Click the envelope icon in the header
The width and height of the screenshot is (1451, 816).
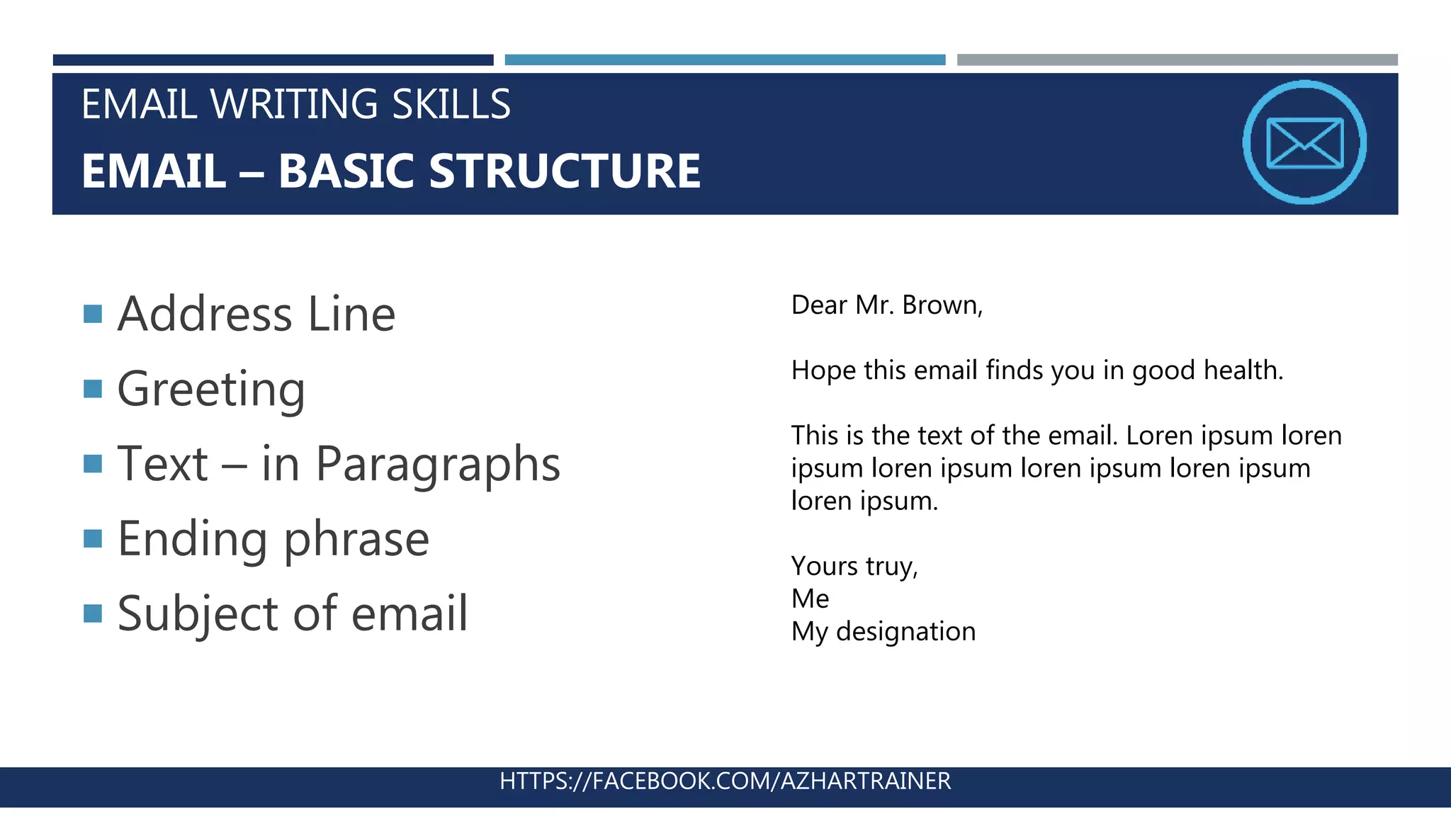pos(1304,142)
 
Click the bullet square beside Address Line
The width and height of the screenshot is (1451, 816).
pos(93,314)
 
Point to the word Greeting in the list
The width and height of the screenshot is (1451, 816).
pos(211,390)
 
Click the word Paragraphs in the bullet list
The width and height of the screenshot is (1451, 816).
pos(438,465)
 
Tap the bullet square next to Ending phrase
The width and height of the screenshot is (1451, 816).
pos(93,539)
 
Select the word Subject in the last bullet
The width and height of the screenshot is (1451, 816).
pos(198,613)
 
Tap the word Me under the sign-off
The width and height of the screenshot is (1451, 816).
pos(810,599)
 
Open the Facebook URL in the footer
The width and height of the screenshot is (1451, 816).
pos(725,781)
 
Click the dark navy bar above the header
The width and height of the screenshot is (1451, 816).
pos(273,60)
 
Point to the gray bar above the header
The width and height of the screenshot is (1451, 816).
pos(1177,60)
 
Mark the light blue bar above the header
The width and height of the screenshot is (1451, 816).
pos(725,60)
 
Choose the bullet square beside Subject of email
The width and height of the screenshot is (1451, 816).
pos(93,613)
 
